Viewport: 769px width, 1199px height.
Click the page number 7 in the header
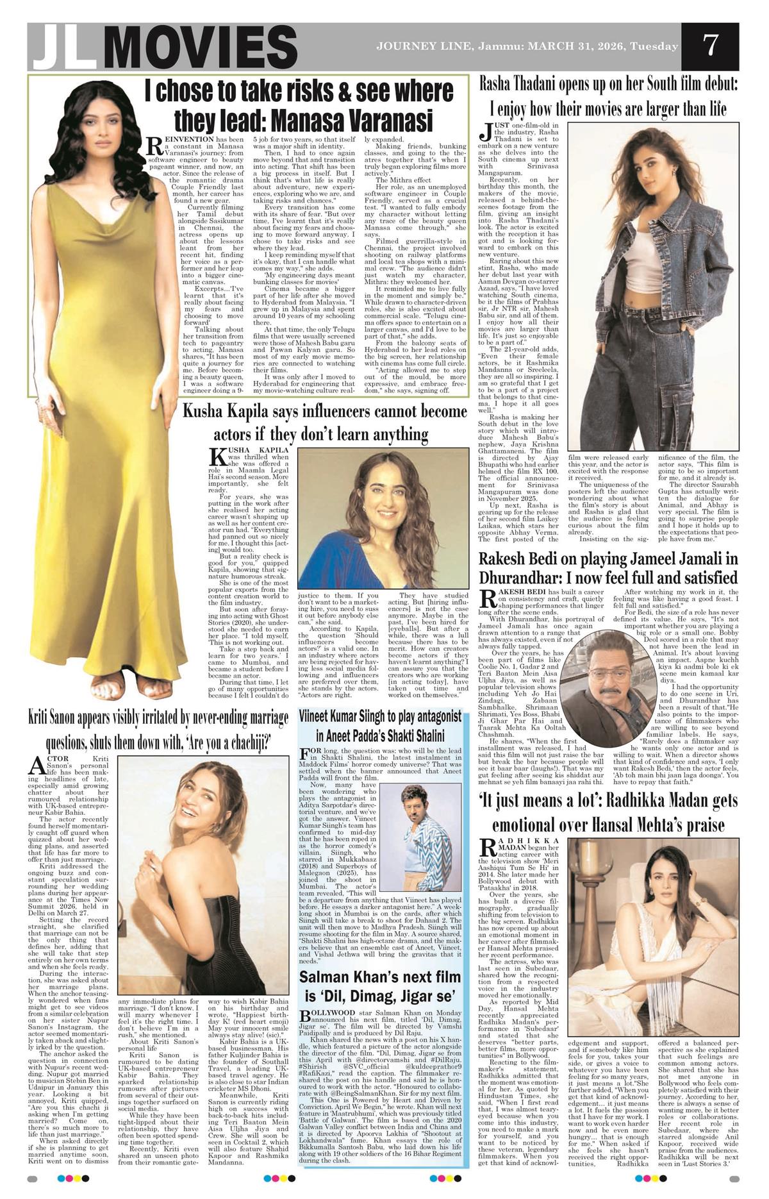(709, 46)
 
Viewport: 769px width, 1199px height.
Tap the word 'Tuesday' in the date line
(654, 47)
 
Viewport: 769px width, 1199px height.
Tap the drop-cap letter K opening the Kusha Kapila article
(217, 457)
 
